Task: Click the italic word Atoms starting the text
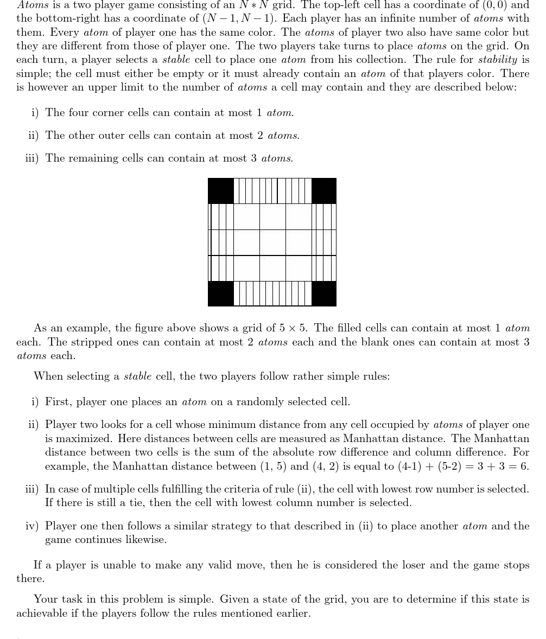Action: click(x=33, y=5)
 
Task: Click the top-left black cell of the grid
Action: click(x=221, y=191)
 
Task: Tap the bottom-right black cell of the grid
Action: click(x=324, y=293)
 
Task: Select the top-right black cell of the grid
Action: click(x=324, y=191)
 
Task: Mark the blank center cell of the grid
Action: click(x=272, y=242)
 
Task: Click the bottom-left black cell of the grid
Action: click(x=221, y=293)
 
